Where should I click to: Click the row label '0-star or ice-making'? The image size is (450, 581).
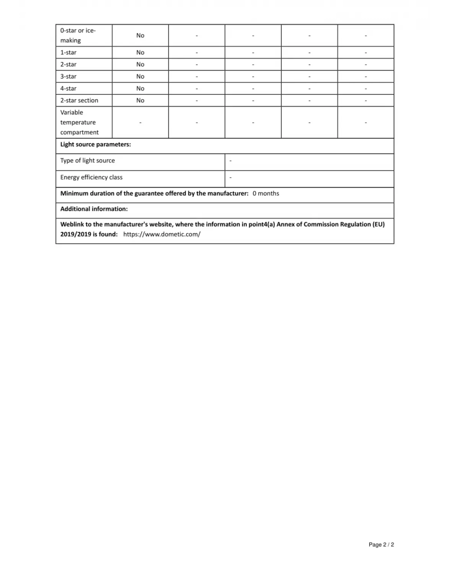pos(78,35)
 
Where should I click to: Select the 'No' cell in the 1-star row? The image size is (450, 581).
pos(140,52)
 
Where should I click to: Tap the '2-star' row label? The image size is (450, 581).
pos(68,64)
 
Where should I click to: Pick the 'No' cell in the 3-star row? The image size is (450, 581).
pos(140,76)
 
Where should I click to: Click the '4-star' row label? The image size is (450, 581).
pos(68,88)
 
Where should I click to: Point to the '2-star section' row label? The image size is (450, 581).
pos(79,100)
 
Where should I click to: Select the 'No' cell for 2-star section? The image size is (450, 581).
pos(140,100)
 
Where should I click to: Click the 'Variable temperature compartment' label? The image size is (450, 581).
pos(79,122)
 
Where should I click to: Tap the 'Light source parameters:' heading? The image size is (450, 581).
pos(96,144)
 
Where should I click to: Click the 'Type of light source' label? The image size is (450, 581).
pos(88,161)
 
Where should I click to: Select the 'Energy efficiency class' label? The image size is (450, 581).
pos(91,177)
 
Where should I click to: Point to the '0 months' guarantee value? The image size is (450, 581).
pos(266,193)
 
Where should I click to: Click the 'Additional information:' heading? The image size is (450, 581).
pos(94,209)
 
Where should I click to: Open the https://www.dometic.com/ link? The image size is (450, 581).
pos(162,234)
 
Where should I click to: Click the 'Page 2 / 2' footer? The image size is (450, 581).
pos(381,544)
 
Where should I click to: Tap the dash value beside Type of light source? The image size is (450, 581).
pos(231,161)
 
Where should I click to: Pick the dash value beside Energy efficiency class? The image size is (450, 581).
pos(231,178)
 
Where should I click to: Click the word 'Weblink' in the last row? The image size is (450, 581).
pos(72,224)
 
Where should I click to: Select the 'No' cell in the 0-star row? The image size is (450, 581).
pos(140,36)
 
